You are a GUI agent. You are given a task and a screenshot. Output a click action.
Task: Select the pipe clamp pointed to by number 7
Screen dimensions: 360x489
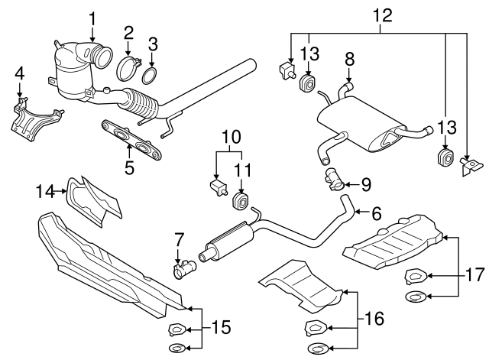pyautogui.click(x=185, y=269)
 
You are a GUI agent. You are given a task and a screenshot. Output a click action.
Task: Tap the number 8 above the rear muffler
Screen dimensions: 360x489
pyautogui.click(x=349, y=58)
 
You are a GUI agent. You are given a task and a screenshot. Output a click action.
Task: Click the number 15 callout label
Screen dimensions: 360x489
pyautogui.click(x=220, y=329)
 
